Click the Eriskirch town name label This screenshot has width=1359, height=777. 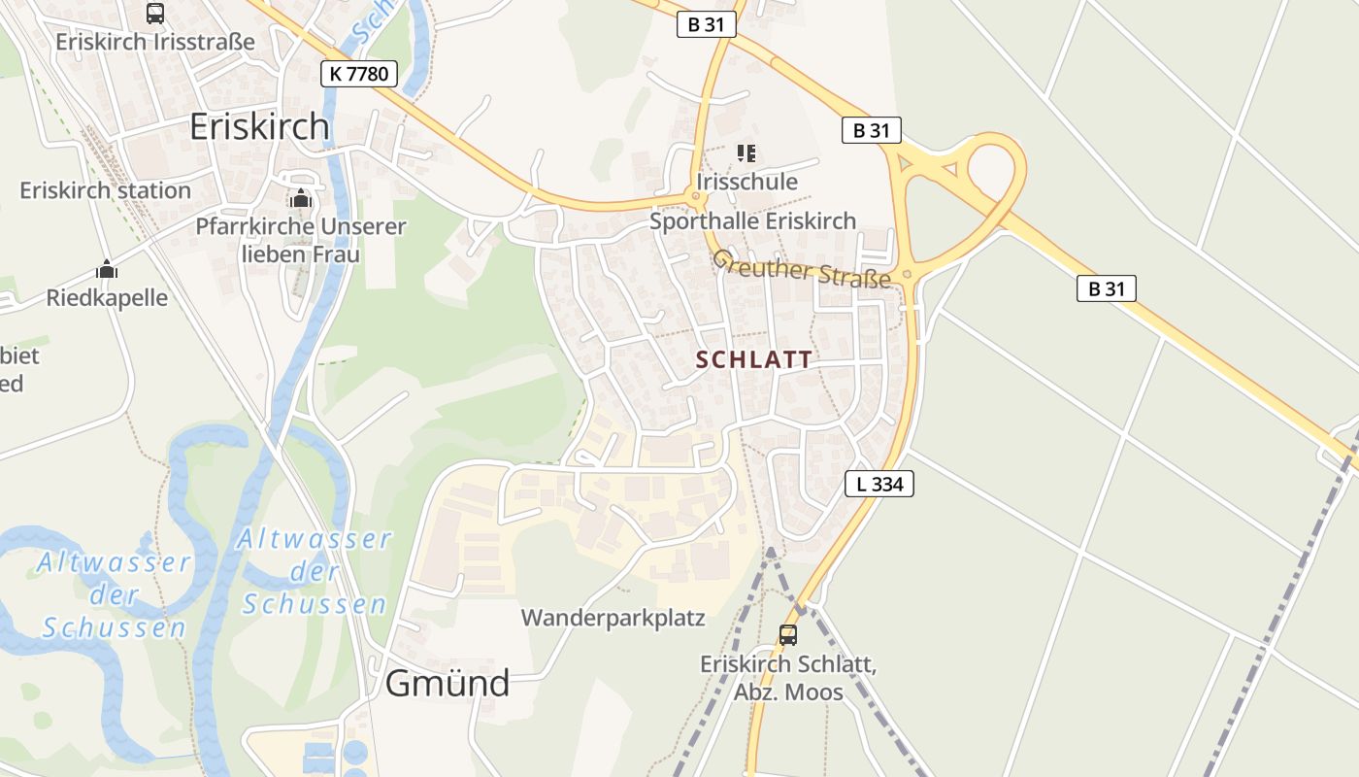[259, 126]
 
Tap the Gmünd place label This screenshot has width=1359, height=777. [447, 684]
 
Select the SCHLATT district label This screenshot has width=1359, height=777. [754, 359]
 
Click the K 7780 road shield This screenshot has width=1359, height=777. [359, 73]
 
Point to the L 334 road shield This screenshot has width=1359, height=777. [879, 484]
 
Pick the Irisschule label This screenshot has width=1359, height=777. [746, 182]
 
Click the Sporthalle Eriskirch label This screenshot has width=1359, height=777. [753, 221]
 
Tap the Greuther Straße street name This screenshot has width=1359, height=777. [802, 269]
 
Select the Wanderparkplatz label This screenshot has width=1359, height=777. [613, 618]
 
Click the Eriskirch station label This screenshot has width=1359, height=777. [106, 190]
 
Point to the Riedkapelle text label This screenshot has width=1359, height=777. [107, 298]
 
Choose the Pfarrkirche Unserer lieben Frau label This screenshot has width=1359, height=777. [300, 240]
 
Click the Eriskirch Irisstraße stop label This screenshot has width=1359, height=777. [155, 42]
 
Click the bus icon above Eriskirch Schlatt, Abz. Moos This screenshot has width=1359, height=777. [788, 635]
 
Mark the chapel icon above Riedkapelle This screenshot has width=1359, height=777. [107, 270]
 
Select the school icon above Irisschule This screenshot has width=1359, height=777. [746, 152]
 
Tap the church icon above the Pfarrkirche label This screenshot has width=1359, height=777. [300, 199]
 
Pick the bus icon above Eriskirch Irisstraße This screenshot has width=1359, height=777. [155, 14]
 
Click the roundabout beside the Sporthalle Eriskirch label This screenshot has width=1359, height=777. [695, 197]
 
